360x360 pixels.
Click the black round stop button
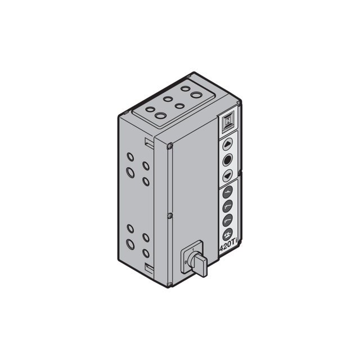[227, 160]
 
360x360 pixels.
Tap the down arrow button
[227, 176]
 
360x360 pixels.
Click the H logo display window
[227, 121]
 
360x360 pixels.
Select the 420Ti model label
[228, 247]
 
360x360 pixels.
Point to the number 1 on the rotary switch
[193, 249]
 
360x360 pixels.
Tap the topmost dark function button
[227, 192]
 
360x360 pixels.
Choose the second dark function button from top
[227, 206]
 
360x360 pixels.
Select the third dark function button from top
[227, 220]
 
